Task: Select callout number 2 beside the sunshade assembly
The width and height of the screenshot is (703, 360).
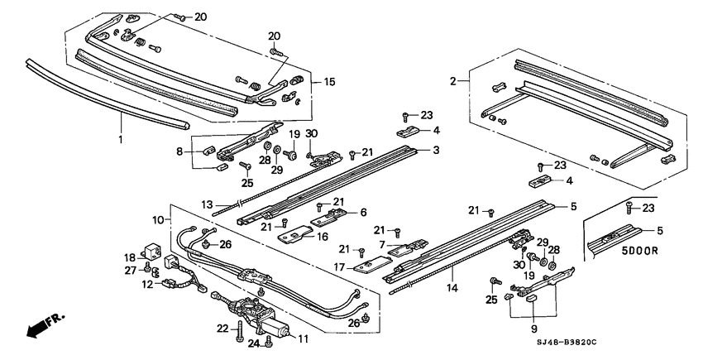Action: coord(453,80)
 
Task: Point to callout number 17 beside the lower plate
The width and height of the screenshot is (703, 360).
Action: coord(338,266)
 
